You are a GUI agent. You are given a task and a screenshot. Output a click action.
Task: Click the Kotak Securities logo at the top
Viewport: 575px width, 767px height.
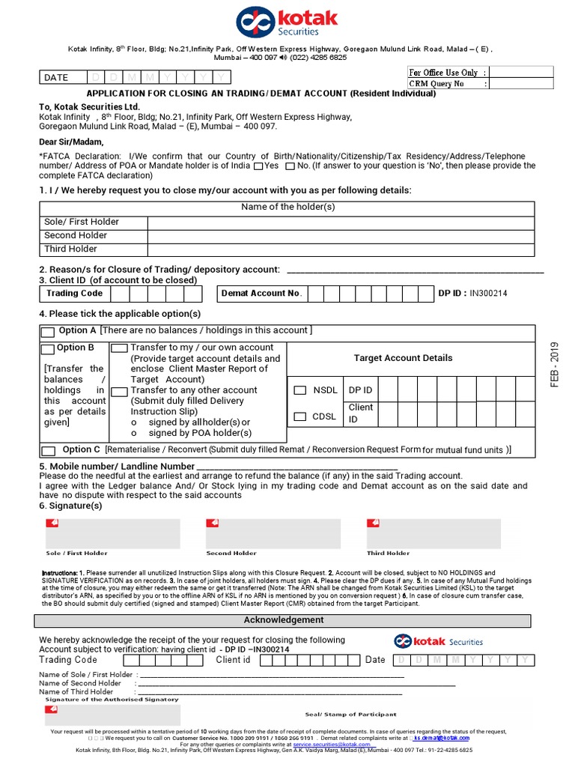[287, 22]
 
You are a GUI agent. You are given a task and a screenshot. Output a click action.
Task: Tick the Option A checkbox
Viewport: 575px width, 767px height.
[48, 332]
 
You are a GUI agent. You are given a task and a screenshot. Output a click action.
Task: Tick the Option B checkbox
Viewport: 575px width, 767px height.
[48, 349]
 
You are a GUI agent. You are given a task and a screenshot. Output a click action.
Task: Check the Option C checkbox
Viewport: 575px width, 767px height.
[48, 450]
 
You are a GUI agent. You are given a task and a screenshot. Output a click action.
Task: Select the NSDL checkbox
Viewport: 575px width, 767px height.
[299, 390]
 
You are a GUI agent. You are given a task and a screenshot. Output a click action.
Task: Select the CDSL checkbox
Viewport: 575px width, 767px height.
[299, 416]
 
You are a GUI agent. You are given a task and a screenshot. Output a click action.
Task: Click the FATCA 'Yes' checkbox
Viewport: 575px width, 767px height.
[258, 166]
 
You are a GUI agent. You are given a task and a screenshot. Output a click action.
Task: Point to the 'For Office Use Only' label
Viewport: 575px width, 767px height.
[443, 73]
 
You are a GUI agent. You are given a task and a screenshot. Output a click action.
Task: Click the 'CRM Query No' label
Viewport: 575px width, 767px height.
[436, 84]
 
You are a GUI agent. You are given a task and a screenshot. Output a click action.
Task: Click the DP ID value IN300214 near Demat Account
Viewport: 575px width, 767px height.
[488, 294]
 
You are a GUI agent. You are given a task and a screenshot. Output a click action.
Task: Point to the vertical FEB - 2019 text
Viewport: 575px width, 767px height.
[554, 364]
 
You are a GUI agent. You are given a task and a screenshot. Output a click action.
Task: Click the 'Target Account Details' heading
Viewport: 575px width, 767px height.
[403, 358]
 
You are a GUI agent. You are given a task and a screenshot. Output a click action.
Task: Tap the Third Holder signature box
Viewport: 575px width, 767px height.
[433, 533]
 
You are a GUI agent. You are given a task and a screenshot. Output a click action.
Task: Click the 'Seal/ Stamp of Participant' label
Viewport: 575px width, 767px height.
[350, 715]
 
